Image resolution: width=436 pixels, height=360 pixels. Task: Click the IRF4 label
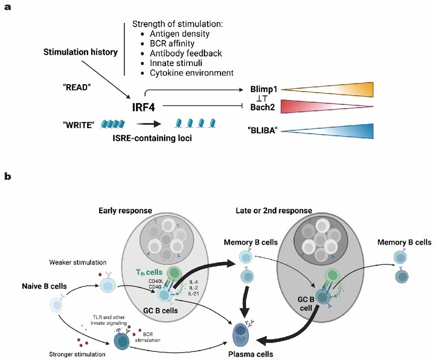tap(143, 107)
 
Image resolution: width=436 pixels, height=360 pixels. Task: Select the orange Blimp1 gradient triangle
tap(327, 90)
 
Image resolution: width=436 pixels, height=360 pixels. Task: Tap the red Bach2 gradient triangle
tap(327, 106)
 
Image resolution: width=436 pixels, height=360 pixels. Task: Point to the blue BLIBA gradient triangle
tap(327, 131)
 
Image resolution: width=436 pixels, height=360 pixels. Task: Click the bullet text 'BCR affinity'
tap(172, 44)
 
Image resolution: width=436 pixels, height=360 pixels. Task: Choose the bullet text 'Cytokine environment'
tap(191, 73)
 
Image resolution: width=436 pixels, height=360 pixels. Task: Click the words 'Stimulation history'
tap(80, 52)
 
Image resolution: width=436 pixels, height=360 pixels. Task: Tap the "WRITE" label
tap(78, 125)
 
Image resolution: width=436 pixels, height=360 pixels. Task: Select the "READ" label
tap(77, 87)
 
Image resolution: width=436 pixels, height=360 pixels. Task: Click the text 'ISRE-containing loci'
tap(152, 138)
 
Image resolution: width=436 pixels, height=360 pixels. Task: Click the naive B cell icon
tap(57, 304)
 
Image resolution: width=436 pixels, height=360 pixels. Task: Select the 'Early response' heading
tap(125, 211)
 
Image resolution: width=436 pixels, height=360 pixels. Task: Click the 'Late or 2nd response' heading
tap(274, 211)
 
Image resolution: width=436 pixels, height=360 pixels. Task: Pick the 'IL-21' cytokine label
tap(193, 294)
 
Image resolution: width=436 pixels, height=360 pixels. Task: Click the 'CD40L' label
tap(156, 282)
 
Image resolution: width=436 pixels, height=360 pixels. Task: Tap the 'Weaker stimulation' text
tap(78, 262)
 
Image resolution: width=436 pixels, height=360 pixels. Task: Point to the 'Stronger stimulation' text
tap(78, 354)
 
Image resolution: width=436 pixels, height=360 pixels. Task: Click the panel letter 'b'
tap(7, 176)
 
